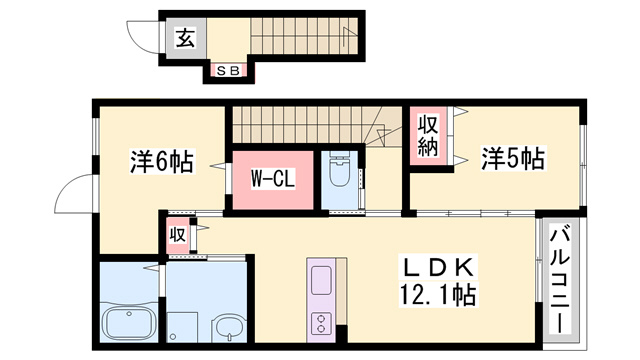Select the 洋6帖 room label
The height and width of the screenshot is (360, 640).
click(161, 161)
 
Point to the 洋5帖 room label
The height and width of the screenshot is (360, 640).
click(512, 158)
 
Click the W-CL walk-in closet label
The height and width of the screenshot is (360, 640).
click(270, 181)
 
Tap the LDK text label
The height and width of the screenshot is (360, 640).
click(436, 268)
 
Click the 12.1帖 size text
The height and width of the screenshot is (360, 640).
click(436, 295)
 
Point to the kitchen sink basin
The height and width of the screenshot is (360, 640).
click(322, 280)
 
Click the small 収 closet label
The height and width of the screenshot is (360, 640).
click(177, 236)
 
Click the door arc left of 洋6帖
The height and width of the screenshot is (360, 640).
click(75, 195)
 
